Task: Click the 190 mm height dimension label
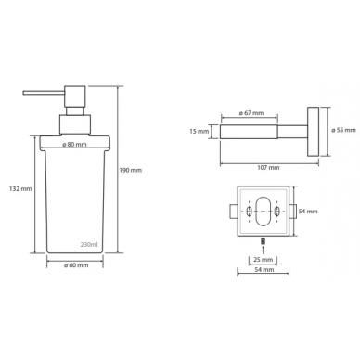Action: click(x=131, y=170)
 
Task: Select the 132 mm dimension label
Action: click(x=20, y=188)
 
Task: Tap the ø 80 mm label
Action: click(x=74, y=145)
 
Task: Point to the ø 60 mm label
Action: click(x=76, y=265)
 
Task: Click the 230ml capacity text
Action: click(x=89, y=245)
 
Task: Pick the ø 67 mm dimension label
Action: click(x=251, y=113)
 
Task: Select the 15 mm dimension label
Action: click(x=199, y=132)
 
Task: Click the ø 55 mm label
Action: click(x=343, y=130)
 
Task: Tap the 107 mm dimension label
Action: click(x=268, y=168)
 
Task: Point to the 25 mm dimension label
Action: click(x=263, y=260)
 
